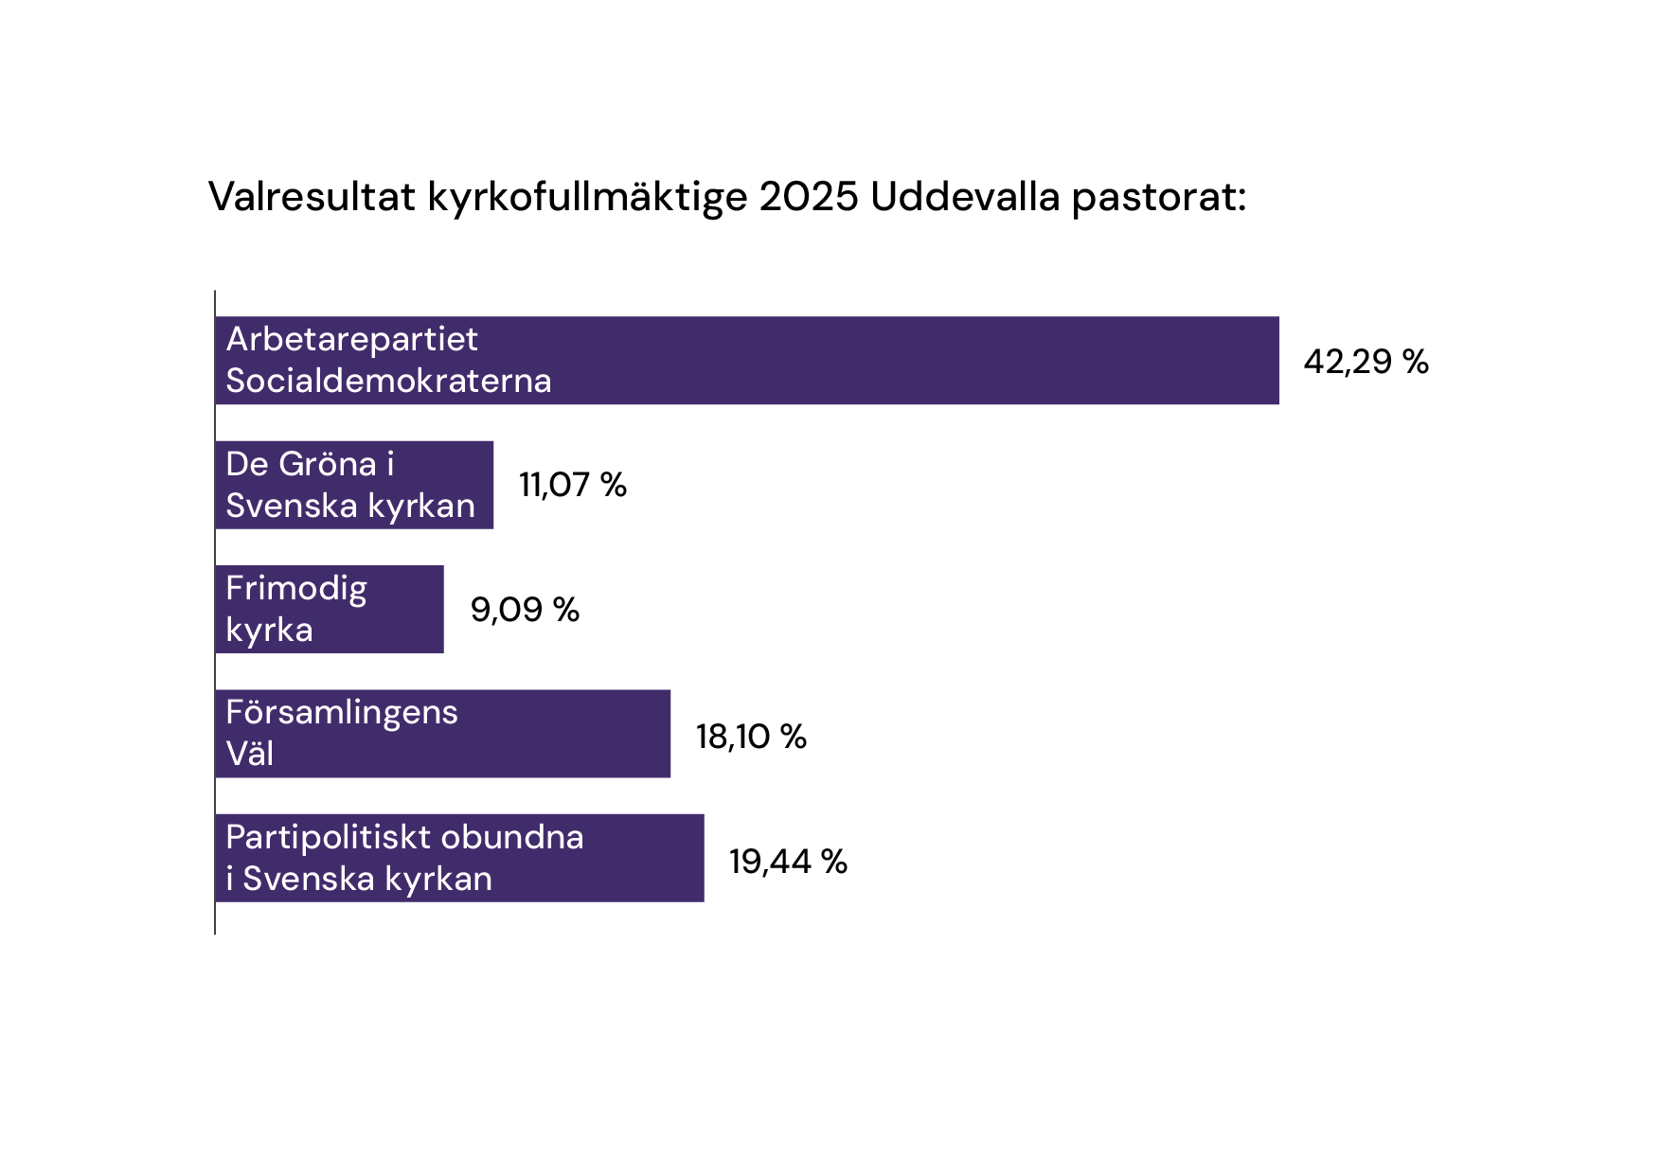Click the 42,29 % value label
1366,362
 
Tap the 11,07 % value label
573,485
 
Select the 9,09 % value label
525,610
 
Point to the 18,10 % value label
751,737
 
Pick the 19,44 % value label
788,862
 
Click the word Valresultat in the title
312,197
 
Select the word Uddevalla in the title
964,197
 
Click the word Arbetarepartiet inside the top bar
352,339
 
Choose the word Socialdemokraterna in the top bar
388,381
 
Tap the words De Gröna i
310,464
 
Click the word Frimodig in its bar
296,589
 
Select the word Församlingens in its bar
342,713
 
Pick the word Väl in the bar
250,755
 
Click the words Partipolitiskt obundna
404,837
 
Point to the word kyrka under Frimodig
269,631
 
